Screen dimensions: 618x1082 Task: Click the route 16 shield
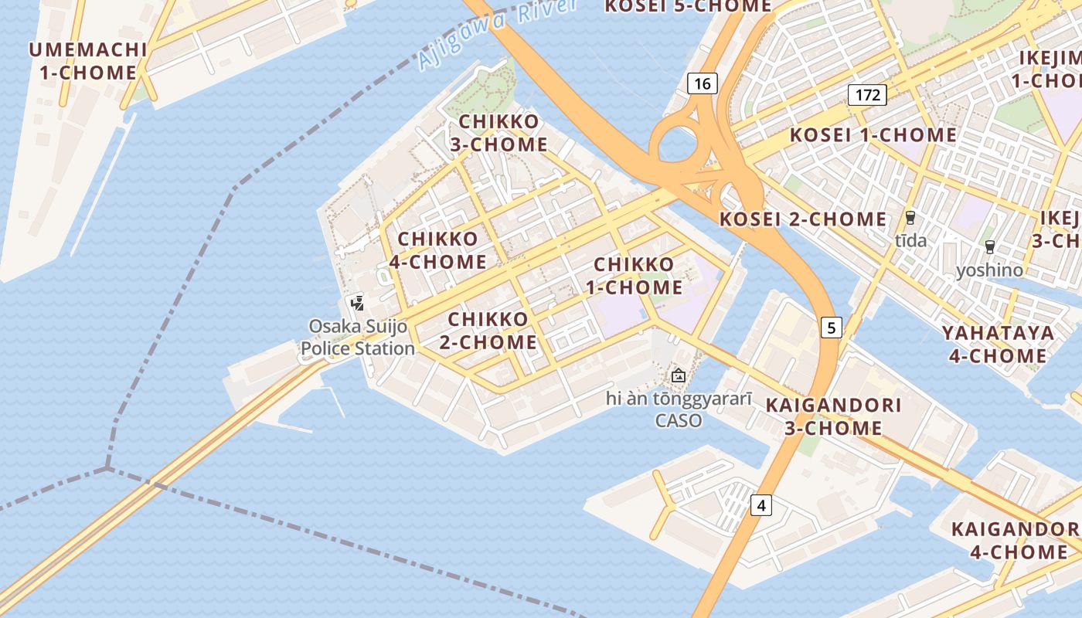coord(702,83)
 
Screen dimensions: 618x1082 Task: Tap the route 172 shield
coord(867,95)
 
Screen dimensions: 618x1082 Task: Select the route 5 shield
coord(831,328)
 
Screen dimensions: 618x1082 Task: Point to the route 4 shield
coord(761,506)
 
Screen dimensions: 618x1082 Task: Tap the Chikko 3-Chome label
coord(498,133)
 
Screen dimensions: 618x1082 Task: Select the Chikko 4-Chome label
coord(437,250)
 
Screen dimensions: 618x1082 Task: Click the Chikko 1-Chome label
coord(638,276)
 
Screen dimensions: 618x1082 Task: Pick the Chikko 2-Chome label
coord(488,330)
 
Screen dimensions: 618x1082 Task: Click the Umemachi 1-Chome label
coord(87,61)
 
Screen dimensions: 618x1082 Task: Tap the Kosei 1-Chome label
coord(873,135)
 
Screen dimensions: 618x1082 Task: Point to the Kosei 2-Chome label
coord(803,219)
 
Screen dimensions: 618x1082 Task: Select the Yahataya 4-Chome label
coord(998,344)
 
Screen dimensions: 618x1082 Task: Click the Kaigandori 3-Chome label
coord(833,416)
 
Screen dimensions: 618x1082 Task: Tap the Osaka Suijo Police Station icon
coord(357,302)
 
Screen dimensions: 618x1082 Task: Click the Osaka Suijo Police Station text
coord(358,337)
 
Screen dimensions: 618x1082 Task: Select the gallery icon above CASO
coord(679,376)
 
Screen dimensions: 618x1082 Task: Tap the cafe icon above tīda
coord(910,218)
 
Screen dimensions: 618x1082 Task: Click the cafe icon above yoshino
coord(989,247)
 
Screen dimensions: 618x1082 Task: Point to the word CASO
coord(679,421)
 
